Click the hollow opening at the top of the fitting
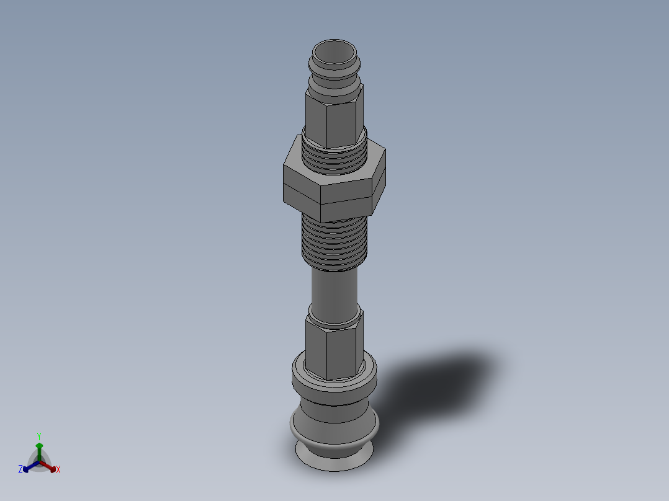334,53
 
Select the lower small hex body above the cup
334,345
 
